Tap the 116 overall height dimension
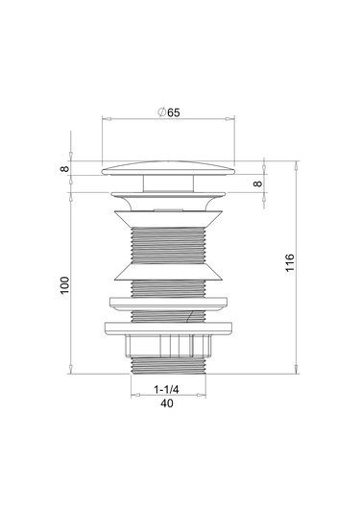290,262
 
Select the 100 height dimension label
65,285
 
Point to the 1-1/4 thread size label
166,389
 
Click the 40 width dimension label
167,404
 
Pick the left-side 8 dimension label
65,168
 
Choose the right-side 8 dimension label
258,184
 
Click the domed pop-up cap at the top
168,168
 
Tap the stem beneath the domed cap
168,184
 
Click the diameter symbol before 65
162,112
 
